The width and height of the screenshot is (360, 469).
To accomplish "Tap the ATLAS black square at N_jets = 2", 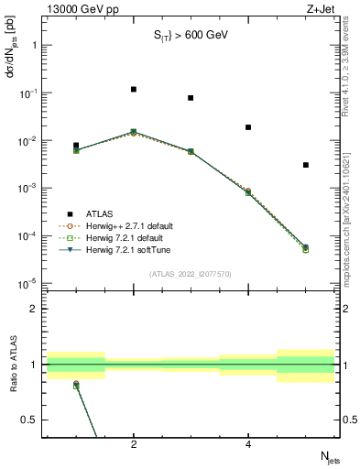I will pyautogui.click(x=134, y=90).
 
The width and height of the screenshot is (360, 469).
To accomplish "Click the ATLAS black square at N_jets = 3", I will pyautogui.click(x=191, y=98).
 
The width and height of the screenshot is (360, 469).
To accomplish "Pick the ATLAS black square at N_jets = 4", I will pyautogui.click(x=248, y=127).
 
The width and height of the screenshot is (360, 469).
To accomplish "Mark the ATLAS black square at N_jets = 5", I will pyautogui.click(x=306, y=165).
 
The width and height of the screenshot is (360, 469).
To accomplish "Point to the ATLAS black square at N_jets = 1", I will pyautogui.click(x=76, y=146).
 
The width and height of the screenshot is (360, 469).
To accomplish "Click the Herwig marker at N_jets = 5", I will pyautogui.click(x=306, y=247).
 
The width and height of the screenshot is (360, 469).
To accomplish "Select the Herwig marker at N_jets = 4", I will pyautogui.click(x=248, y=192).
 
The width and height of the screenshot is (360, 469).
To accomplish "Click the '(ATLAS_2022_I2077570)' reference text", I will pyautogui.click(x=191, y=273).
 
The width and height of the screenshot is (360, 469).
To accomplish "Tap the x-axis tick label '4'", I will pyautogui.click(x=248, y=444).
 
